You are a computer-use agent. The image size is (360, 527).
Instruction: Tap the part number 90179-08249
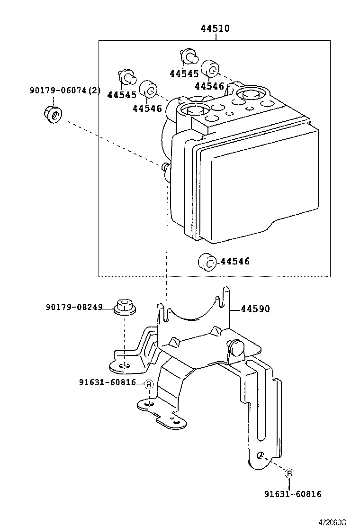click(x=74, y=307)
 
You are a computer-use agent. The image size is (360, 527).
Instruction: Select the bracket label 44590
click(x=255, y=309)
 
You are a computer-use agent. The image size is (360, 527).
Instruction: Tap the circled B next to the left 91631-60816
click(x=148, y=384)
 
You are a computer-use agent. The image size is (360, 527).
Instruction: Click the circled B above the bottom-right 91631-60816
click(x=289, y=472)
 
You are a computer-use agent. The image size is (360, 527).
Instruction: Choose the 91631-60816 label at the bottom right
click(x=293, y=494)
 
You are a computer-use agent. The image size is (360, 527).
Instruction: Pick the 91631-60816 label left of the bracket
click(x=108, y=382)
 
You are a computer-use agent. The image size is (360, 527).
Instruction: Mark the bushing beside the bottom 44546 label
click(x=207, y=261)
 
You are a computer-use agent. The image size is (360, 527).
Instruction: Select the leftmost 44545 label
click(x=122, y=95)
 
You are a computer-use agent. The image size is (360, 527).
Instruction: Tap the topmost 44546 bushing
click(x=211, y=69)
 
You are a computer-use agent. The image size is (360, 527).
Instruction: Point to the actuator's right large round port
click(x=250, y=95)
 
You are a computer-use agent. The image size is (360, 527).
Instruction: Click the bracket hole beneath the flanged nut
click(x=124, y=365)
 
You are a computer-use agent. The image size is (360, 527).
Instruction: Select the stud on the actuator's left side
click(x=165, y=167)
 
